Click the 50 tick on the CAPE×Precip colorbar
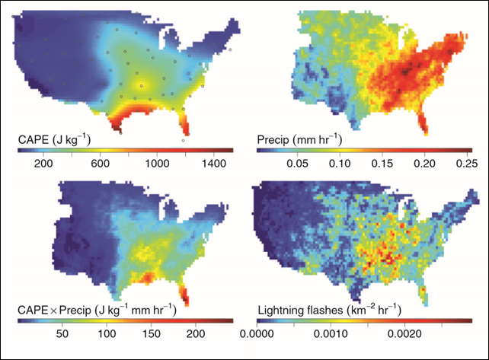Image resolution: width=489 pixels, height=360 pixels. coord(62,333)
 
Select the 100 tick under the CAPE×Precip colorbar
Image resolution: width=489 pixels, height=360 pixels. coord(107,333)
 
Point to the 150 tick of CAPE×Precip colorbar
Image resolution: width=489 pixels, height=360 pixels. coord(151,333)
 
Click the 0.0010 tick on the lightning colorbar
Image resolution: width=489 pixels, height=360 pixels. coord(332,333)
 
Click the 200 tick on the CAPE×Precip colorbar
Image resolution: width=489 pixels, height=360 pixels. coord(195,333)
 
